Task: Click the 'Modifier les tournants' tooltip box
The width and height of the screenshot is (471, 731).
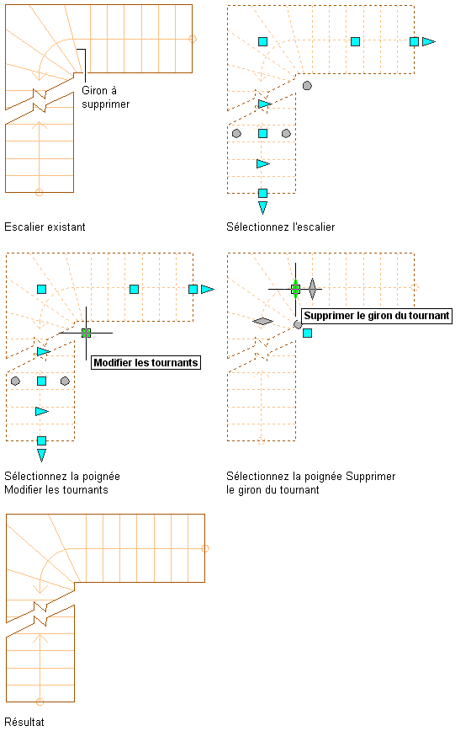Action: pos(146,363)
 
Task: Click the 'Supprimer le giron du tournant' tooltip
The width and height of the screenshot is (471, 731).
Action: pos(377,316)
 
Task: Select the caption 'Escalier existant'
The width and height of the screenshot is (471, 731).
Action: pos(45,227)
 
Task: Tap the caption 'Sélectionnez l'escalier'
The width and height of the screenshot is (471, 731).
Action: pos(281,227)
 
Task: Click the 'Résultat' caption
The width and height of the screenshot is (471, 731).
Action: pos(24,722)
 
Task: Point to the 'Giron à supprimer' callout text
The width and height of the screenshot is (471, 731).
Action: pos(106,97)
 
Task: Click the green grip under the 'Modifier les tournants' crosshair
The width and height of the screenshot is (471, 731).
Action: pos(86,333)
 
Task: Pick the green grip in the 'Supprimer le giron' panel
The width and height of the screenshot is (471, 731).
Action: pos(295,289)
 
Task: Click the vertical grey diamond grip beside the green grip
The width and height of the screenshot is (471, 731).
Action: pos(312,289)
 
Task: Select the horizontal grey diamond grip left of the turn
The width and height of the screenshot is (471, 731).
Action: pos(263,321)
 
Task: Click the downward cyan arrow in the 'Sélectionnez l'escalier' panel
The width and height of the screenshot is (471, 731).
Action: pos(263,207)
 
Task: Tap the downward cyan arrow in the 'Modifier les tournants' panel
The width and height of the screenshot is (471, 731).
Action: pos(41,456)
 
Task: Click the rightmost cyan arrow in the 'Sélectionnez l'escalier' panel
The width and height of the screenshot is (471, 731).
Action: pos(429,41)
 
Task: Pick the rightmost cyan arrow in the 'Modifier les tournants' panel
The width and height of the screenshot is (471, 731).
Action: pos(208,289)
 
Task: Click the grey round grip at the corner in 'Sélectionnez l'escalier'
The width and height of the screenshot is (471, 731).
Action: pos(307,85)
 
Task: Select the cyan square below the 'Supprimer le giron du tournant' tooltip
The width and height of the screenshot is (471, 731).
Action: pos(307,333)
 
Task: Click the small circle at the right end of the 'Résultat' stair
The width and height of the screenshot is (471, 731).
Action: pos(204,548)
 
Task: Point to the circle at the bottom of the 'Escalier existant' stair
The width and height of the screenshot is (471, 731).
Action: pos(39,192)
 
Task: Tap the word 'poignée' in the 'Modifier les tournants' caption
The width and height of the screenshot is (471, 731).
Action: pos(101,477)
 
